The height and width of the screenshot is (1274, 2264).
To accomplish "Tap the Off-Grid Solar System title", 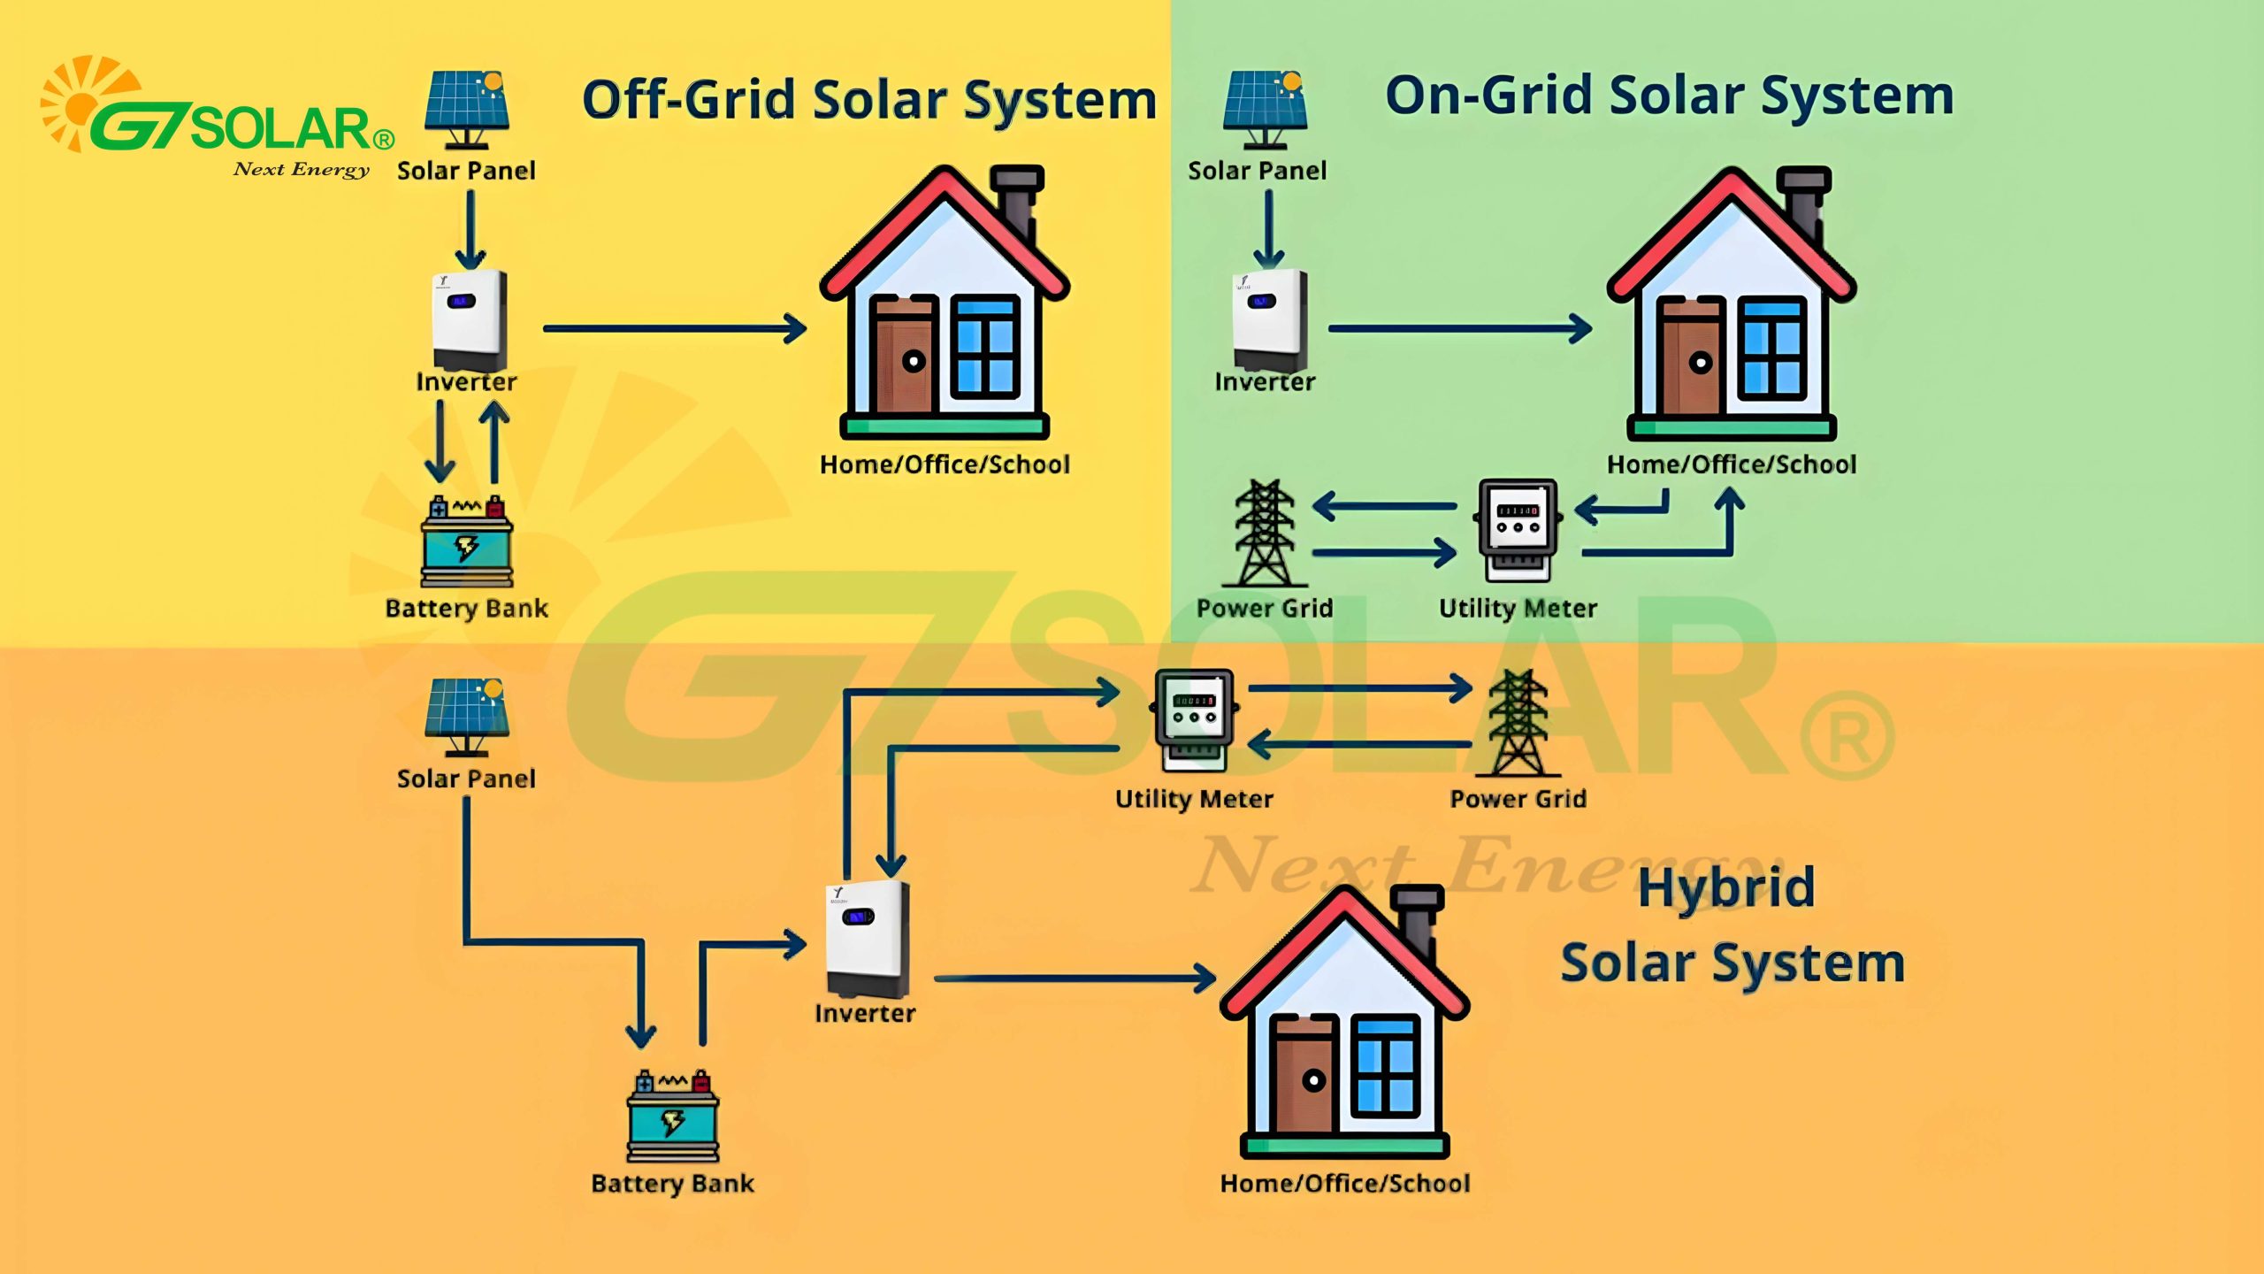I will pyautogui.click(x=869, y=99).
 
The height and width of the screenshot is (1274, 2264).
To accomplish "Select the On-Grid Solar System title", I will pyautogui.click(x=1669, y=95).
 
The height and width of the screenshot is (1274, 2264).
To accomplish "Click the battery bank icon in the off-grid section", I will pyautogui.click(x=467, y=541).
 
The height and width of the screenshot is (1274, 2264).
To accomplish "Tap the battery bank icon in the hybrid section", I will pyautogui.click(x=673, y=1116).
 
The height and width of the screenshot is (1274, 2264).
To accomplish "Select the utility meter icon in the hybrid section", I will pyautogui.click(x=1194, y=718).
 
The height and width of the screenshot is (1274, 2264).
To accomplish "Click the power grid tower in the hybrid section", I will pyautogui.click(x=1518, y=723).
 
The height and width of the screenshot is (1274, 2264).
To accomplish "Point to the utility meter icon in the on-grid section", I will pyautogui.click(x=1518, y=529).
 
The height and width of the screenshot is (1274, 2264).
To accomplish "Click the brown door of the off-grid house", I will pyautogui.click(x=902, y=358).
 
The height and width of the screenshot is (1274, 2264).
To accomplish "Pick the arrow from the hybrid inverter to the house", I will pyautogui.click(x=1075, y=979).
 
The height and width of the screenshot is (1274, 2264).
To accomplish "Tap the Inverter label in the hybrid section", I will pyautogui.click(x=865, y=1013).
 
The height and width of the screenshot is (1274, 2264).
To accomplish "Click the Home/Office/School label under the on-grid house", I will pyautogui.click(x=1732, y=464).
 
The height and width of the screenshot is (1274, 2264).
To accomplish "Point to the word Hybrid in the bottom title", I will pyautogui.click(x=1726, y=888).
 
